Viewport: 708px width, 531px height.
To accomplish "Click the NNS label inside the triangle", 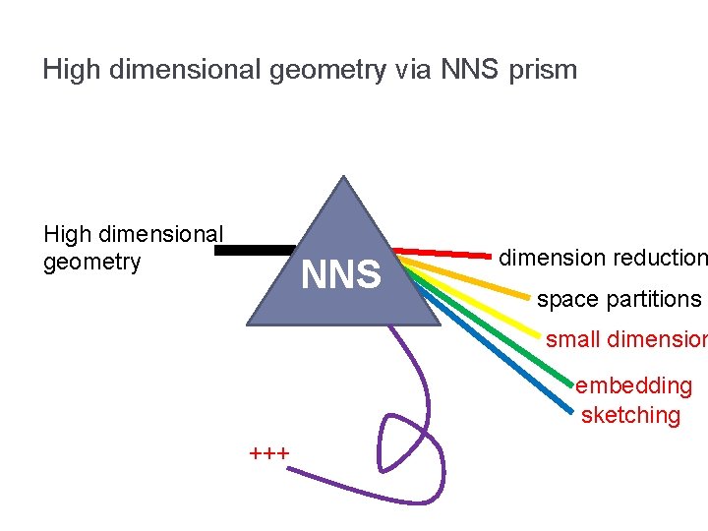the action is pos(341,275).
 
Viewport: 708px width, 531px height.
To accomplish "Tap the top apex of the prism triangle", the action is pos(342,178).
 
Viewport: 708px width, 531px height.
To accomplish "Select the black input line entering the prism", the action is pos(254,251).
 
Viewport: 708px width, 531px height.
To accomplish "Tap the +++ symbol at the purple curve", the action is pos(268,454).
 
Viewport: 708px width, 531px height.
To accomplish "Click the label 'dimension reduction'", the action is pos(602,258).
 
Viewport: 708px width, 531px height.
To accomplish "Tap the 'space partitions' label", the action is pos(619,299).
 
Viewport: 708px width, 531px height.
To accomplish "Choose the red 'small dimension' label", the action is pos(626,339).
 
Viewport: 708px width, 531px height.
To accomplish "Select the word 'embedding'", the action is pos(633,385).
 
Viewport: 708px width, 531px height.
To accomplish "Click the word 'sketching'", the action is pos(630,415).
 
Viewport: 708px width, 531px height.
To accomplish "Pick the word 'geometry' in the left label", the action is pos(92,263).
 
